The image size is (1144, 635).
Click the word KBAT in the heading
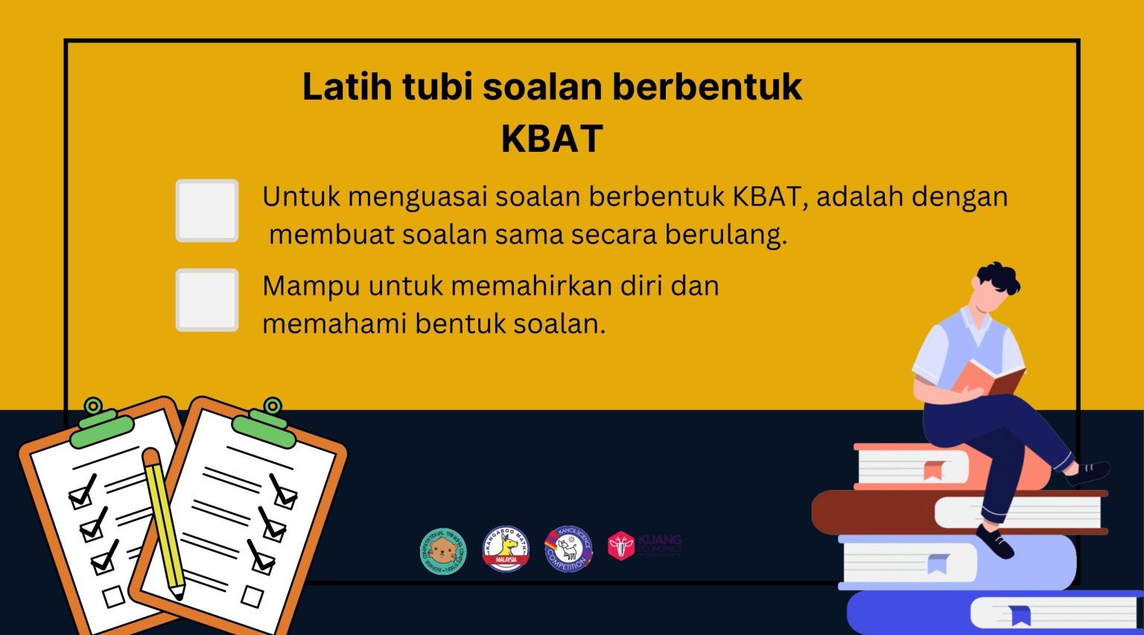click(552, 138)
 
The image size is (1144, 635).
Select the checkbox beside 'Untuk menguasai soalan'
click(207, 211)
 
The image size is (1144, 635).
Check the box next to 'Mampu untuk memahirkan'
click(207, 300)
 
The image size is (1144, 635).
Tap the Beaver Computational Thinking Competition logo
click(442, 552)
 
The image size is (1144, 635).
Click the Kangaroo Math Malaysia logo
click(506, 549)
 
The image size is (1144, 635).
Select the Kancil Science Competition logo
click(568, 550)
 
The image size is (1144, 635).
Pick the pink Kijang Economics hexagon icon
click(620, 546)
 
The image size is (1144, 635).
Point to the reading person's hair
click(999, 280)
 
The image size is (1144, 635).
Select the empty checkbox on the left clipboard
click(114, 596)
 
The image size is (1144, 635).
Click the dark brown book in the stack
click(871, 511)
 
